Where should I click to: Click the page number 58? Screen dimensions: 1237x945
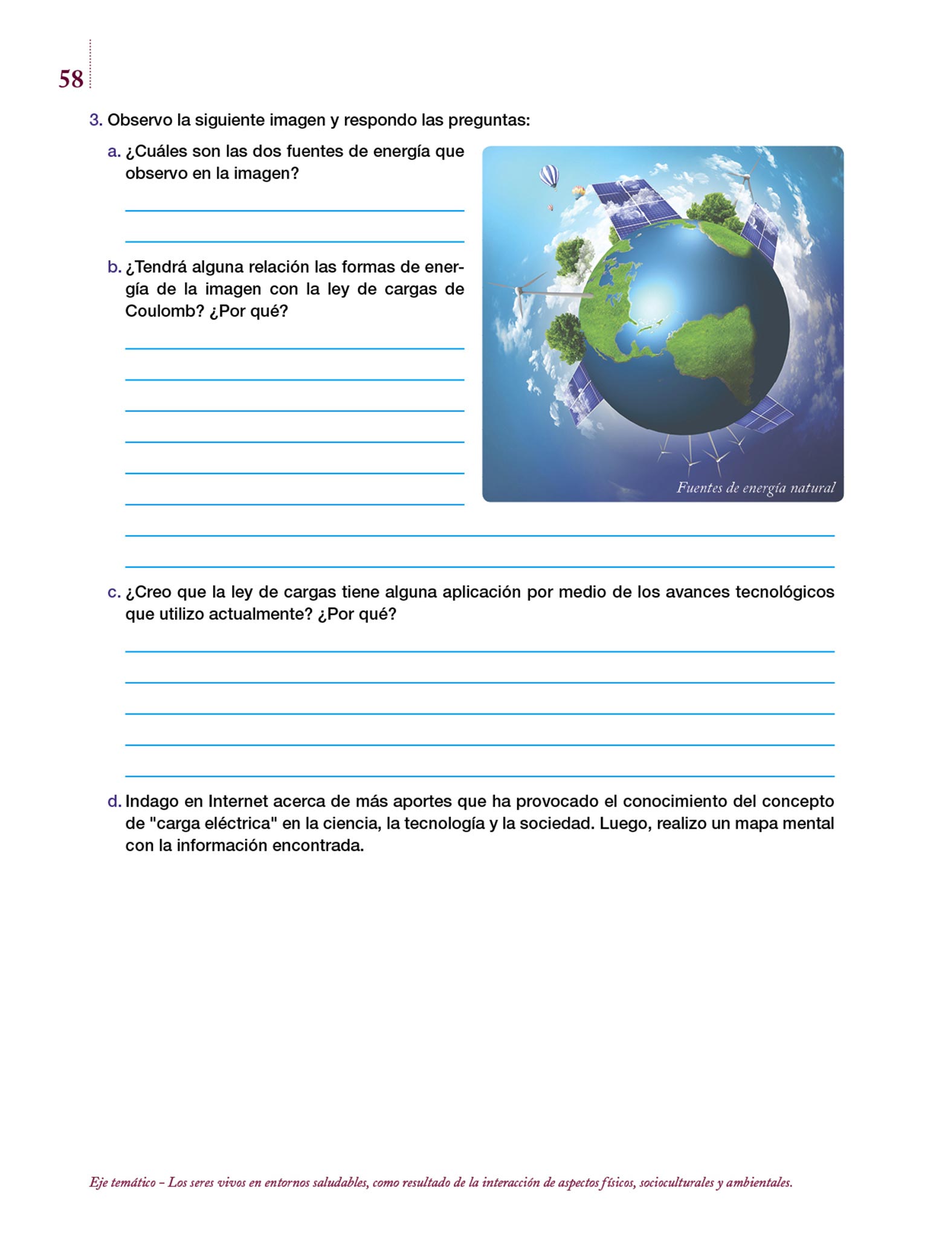71,79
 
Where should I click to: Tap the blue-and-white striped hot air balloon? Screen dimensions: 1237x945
549,176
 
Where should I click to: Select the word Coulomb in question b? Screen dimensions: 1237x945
164,311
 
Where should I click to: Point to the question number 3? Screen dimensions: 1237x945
95,120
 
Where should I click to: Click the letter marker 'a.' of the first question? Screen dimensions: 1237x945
114,152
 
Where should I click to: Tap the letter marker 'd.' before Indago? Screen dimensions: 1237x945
114,802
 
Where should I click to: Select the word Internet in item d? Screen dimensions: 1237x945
238,802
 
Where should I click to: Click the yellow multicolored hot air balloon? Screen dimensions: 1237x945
579,192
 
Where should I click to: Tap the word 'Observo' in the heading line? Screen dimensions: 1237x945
140,120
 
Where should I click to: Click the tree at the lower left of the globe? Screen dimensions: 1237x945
566,336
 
